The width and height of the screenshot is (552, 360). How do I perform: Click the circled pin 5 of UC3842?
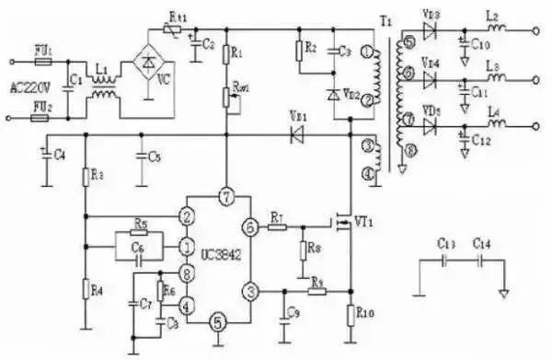[x=218, y=321]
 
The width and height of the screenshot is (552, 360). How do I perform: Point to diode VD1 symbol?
[x=297, y=134]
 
